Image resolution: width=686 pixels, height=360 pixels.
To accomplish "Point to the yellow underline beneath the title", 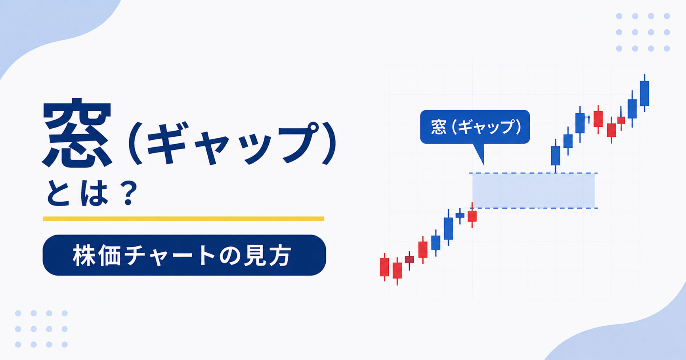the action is [183, 219].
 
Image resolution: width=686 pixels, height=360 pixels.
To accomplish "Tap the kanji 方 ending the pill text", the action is [280, 255].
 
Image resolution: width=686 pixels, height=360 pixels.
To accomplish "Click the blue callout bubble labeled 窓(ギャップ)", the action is [475, 127].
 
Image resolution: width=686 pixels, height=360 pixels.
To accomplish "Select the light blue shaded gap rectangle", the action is [533, 190].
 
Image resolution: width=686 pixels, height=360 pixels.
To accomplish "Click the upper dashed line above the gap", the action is [533, 173].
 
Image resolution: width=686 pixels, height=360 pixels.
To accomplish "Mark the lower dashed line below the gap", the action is [533, 208].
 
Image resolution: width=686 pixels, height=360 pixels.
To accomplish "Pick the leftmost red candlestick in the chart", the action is [384, 267].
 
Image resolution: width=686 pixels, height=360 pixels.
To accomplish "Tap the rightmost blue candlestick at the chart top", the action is [644, 93].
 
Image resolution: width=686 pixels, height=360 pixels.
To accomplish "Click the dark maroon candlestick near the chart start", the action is [409, 259].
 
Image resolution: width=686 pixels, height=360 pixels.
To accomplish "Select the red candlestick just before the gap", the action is [472, 216].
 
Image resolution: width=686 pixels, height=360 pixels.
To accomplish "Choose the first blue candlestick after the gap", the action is [556, 156].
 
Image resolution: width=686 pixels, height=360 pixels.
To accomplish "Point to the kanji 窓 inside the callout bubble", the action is [439, 127].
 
